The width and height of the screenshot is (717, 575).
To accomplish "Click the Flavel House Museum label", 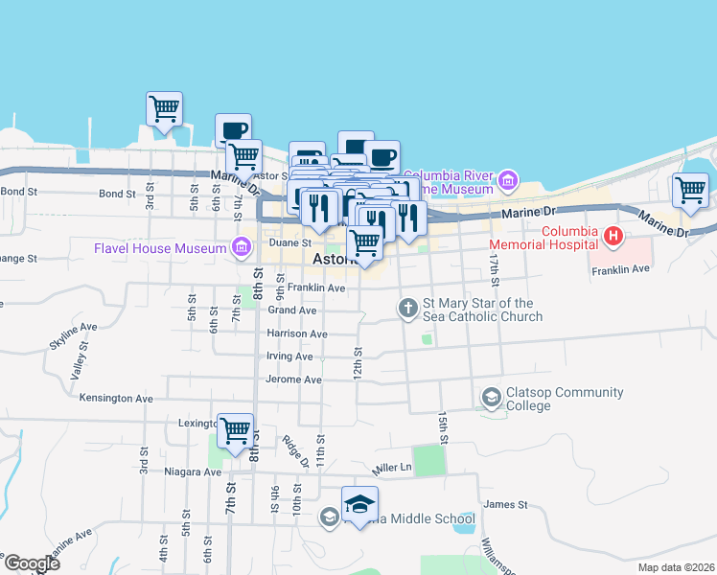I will (158, 249).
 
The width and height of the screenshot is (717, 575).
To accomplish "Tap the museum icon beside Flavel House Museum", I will (242, 249).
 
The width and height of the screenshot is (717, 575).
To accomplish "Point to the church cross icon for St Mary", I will (407, 308).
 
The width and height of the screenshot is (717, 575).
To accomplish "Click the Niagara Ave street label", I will (193, 471).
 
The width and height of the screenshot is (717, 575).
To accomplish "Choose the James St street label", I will (506, 504).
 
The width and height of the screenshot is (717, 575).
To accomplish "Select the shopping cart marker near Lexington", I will (235, 431).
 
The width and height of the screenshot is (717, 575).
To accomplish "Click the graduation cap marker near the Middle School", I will (359, 505).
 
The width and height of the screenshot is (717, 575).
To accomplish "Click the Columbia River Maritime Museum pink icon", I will (508, 180).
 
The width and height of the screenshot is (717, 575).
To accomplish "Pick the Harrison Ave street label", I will (298, 333).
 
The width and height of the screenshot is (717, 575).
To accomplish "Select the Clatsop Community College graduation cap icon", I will (491, 397).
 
